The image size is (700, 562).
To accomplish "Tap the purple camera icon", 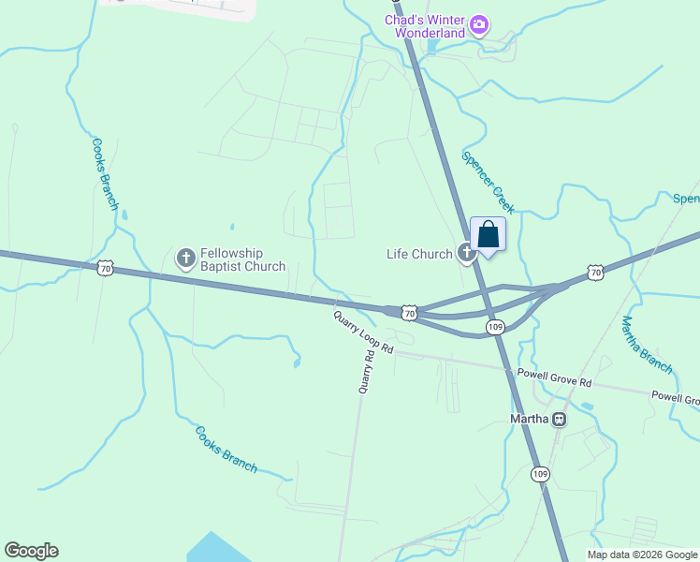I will point(479,24).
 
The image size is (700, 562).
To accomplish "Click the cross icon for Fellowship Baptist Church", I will point(185,257).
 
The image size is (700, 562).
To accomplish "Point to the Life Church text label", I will point(419,254).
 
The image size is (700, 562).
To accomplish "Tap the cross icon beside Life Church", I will point(466,252).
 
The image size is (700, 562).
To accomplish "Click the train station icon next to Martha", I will point(560,419).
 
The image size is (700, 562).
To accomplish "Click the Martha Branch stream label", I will point(647,345).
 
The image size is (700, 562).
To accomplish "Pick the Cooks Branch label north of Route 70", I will point(105,174).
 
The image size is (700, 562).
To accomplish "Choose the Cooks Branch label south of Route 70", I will point(226,450).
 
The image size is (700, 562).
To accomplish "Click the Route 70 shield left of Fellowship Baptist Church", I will point(106,268).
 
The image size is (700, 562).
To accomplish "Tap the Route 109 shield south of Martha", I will point(540,474).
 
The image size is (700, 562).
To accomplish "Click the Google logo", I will point(31,551).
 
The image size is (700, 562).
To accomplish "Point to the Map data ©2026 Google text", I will point(642,555).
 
